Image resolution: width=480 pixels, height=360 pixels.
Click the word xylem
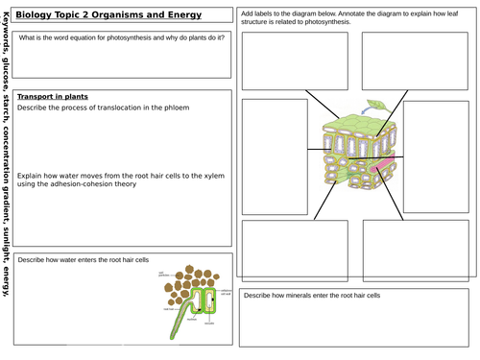214,174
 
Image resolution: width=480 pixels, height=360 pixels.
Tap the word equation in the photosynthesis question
98,37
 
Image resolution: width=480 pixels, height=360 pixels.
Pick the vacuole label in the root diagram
220,324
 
